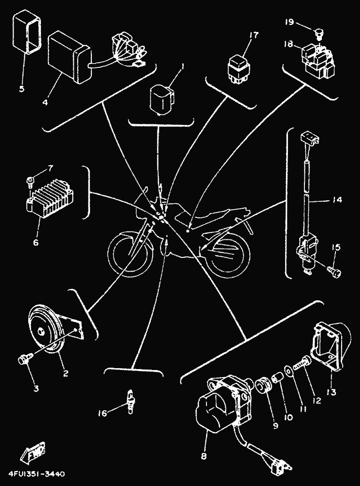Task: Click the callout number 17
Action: click(254, 35)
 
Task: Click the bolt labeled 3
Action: click(22, 360)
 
